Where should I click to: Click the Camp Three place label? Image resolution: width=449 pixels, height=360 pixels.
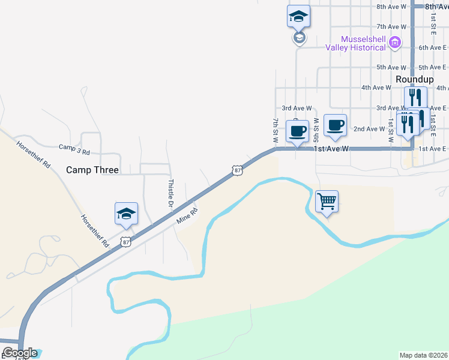click(92, 170)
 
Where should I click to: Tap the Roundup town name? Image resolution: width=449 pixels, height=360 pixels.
click(411, 79)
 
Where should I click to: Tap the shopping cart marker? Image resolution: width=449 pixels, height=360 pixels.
click(327, 202)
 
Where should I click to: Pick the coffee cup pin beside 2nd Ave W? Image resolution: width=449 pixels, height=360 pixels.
click(335, 125)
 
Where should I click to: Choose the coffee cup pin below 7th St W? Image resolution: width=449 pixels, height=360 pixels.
click(297, 131)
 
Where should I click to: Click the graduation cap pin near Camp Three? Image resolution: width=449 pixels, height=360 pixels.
click(126, 214)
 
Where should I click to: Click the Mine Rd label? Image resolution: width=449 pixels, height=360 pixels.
click(187, 217)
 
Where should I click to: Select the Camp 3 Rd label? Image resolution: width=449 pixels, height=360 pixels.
click(74, 146)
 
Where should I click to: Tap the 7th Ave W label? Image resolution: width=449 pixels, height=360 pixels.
click(391, 27)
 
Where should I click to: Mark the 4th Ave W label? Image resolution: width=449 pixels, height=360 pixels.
click(376, 88)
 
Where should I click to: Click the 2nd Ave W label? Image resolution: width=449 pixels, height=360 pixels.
click(369, 129)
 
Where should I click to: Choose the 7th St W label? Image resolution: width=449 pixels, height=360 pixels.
click(276, 130)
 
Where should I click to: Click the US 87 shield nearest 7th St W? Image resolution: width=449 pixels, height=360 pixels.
click(238, 170)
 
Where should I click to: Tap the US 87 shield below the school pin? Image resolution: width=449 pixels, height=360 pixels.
click(125, 241)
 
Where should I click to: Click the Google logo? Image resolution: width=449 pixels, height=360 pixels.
click(19, 353)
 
